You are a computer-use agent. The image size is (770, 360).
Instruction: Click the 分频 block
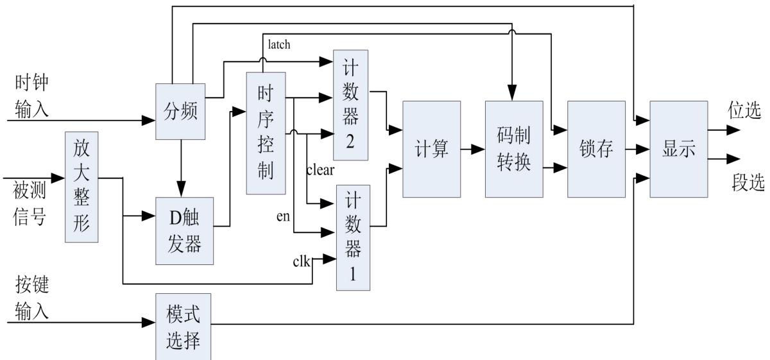[x=180, y=111]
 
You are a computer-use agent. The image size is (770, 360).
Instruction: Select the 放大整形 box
[x=81, y=187]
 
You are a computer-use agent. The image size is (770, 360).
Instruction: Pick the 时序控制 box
[x=266, y=133]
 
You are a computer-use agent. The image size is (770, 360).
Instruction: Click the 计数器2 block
[x=350, y=105]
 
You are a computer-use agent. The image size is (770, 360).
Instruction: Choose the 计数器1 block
[x=353, y=237]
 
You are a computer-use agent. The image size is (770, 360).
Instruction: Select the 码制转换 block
[x=513, y=149]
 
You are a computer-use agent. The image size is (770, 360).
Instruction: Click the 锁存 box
[x=596, y=149]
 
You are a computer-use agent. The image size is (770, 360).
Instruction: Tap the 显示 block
[x=678, y=149]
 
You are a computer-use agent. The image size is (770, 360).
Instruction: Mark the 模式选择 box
[x=184, y=327]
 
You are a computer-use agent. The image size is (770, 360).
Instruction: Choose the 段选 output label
[x=748, y=183]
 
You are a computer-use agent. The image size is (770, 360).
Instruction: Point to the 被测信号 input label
[x=30, y=202]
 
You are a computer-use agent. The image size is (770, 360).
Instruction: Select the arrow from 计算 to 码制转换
[x=474, y=149]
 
